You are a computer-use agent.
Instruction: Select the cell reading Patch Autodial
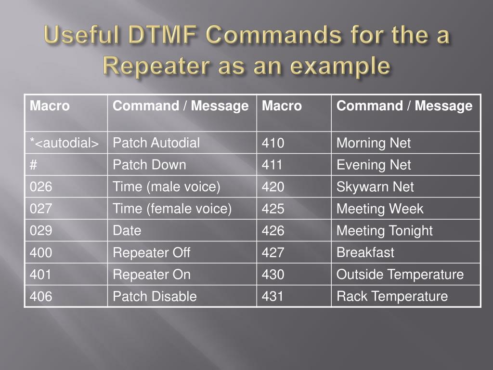point(156,143)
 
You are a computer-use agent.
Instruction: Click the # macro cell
point(34,165)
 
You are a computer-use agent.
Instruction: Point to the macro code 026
point(41,187)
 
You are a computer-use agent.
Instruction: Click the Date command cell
point(127,231)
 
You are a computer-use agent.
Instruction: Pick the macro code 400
point(41,252)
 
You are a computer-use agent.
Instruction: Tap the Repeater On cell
point(152,275)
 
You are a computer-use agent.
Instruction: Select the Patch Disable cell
point(155,296)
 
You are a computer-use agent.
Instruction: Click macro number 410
point(273,143)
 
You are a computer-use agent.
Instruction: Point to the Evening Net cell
point(374,165)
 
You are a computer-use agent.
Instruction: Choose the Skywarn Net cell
point(375,187)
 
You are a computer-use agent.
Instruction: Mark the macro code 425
point(273,209)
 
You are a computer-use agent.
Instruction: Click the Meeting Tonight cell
point(385,231)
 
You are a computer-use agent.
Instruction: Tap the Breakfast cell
point(365,252)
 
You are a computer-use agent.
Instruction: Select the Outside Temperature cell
point(400,275)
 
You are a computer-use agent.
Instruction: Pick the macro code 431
point(273,296)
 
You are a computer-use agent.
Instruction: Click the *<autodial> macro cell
point(65,143)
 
